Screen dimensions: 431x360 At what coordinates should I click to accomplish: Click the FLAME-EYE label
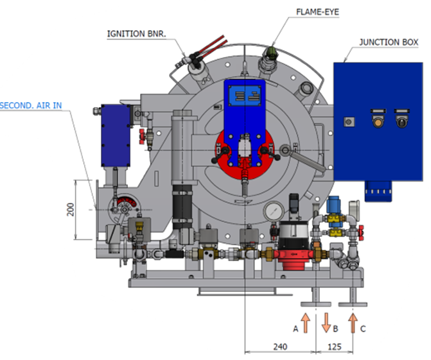click(x=317, y=12)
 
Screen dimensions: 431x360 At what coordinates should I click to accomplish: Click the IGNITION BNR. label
click(x=136, y=34)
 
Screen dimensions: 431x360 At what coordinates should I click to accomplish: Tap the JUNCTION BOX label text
click(x=389, y=42)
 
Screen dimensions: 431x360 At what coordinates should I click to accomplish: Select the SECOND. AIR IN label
click(x=31, y=105)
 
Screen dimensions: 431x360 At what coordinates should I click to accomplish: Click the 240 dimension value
click(x=280, y=347)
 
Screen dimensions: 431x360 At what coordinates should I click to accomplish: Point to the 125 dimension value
click(x=335, y=347)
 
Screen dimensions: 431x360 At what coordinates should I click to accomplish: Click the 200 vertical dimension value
click(x=71, y=210)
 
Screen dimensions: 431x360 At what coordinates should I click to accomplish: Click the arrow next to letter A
click(x=305, y=323)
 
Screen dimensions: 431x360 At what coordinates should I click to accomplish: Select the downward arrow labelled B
click(x=326, y=323)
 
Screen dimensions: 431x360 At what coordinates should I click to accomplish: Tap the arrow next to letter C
click(x=353, y=323)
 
